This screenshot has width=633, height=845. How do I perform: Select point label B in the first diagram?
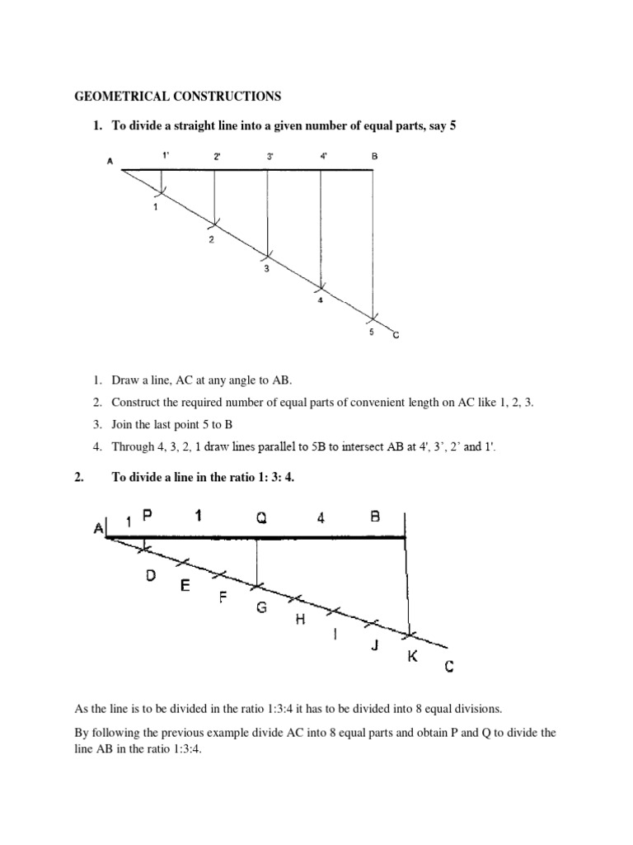[373, 155]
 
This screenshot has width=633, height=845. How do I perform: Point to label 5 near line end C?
[371, 332]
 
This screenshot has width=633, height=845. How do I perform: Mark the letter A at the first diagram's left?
[110, 162]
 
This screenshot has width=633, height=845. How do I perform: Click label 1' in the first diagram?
[165, 155]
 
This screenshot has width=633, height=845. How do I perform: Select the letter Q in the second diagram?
[260, 517]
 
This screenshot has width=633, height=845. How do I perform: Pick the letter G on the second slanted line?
[261, 608]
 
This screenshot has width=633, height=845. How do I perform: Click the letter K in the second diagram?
[411, 658]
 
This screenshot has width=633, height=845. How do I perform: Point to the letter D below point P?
[151, 577]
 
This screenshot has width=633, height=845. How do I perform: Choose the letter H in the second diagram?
[299, 620]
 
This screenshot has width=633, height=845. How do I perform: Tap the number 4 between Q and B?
[321, 517]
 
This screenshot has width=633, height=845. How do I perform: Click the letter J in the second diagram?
[374, 645]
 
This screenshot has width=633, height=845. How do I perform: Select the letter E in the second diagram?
[185, 587]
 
